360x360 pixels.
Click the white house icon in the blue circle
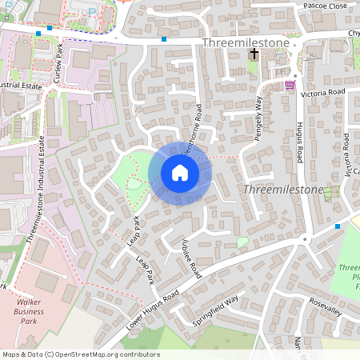[x=180, y=174]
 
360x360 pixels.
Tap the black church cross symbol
[x=254, y=54]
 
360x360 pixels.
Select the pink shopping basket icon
[x=289, y=85]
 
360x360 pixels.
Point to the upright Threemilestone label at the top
[x=239, y=41]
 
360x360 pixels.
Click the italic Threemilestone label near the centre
[x=282, y=190]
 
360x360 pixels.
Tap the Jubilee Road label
[x=190, y=260]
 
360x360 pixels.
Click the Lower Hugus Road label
[x=157, y=308]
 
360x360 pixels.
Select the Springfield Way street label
[x=216, y=310]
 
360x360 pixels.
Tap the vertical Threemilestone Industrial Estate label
[x=36, y=189]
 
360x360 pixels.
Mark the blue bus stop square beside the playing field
[x=338, y=226]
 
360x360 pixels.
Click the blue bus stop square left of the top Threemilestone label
[x=164, y=38]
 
